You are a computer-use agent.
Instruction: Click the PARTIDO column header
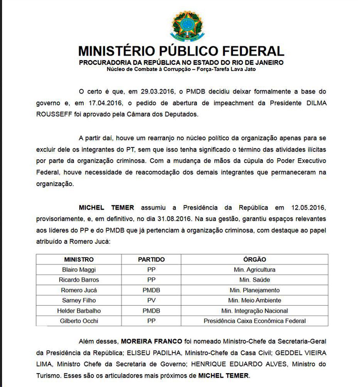(x=151, y=259)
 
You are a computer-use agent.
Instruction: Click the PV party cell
(x=151, y=300)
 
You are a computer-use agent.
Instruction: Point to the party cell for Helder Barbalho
(x=151, y=310)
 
